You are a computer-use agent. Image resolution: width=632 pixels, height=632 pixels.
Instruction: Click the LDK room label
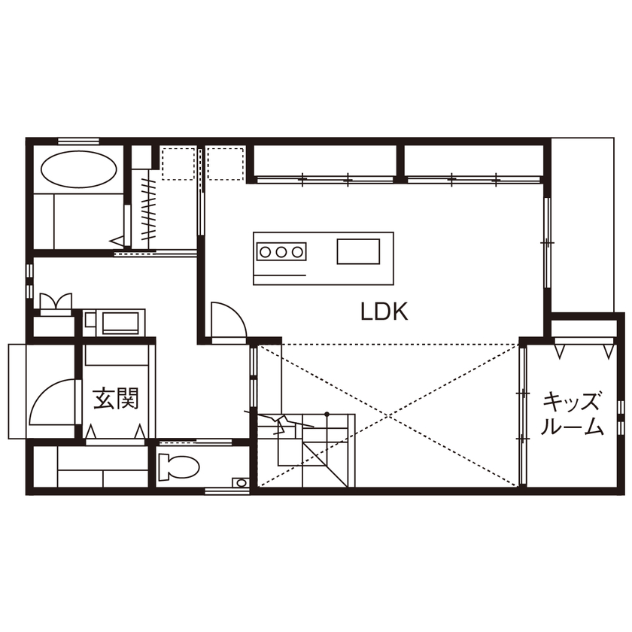click(x=384, y=311)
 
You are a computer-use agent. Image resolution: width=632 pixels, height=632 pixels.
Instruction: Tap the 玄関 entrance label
click(x=116, y=399)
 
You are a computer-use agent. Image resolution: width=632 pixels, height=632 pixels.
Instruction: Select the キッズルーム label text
click(x=573, y=414)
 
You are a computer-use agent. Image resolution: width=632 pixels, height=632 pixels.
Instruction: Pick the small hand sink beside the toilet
click(x=239, y=482)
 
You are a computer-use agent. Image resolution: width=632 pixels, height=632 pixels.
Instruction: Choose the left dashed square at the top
click(x=179, y=163)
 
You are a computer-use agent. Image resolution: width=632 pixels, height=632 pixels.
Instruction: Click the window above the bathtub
click(x=78, y=140)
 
